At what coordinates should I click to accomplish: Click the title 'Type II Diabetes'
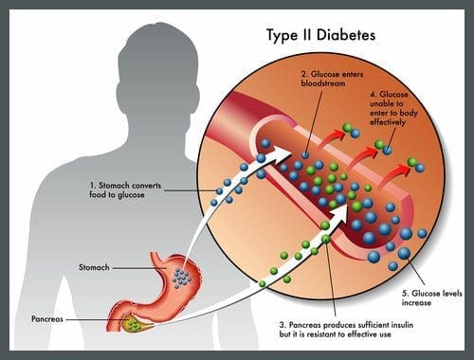(320, 35)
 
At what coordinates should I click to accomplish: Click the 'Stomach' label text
(94, 267)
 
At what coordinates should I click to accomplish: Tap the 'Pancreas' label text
(47, 319)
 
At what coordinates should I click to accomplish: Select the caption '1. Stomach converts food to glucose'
(125, 190)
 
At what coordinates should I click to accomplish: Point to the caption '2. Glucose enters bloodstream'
(332, 79)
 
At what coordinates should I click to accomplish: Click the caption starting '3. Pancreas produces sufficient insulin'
(346, 330)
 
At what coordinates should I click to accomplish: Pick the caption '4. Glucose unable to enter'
(393, 108)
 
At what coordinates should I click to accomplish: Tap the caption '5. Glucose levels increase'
(431, 298)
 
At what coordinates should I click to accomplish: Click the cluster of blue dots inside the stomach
(181, 278)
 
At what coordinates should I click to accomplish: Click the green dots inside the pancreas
(133, 325)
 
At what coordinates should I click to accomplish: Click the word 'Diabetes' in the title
(346, 34)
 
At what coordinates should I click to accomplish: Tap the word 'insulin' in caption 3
(402, 325)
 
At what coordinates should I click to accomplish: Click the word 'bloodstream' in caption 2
(323, 83)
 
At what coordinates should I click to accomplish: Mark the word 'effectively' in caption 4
(388, 122)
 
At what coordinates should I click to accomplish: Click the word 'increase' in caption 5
(416, 303)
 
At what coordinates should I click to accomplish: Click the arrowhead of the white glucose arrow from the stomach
(283, 153)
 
